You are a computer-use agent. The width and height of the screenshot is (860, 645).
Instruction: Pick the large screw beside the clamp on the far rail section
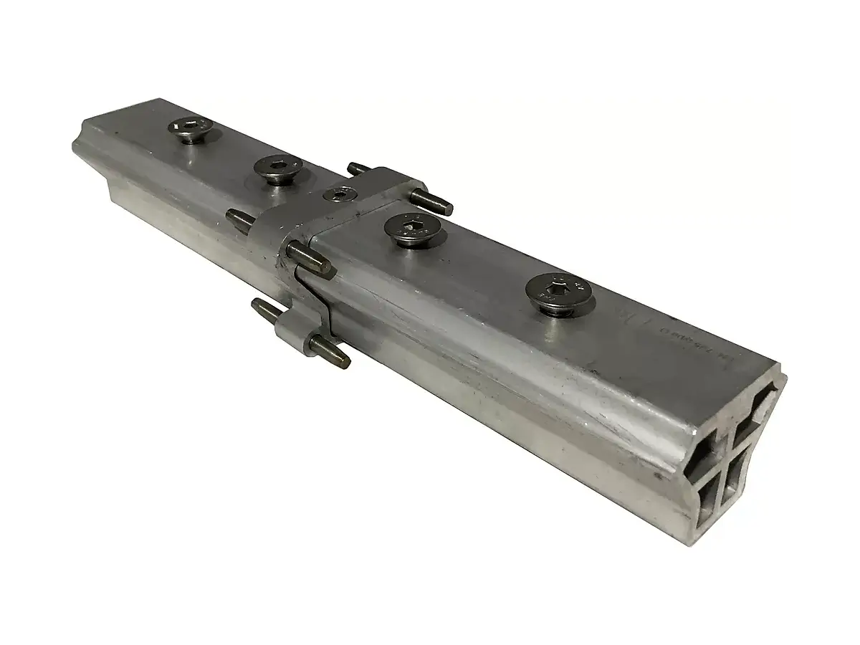click(277, 169)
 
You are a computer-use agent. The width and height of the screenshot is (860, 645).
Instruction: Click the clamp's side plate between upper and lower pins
click(287, 287)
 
